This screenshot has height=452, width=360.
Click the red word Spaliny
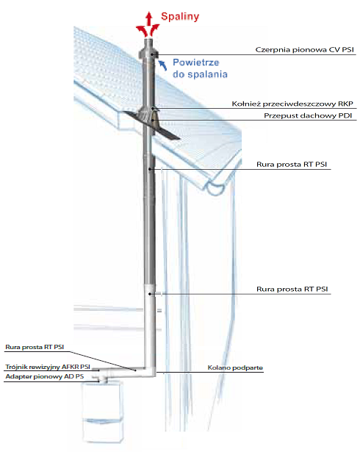pyautogui.click(x=180, y=17)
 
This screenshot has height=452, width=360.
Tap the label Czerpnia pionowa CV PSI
pyautogui.click(x=304, y=49)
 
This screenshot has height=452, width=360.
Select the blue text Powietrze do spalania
pyautogui.click(x=200, y=68)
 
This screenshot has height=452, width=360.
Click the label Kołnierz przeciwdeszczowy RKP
pyautogui.click(x=292, y=104)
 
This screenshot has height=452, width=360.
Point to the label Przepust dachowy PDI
pyautogui.click(x=308, y=115)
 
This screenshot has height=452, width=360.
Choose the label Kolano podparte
pyautogui.click(x=235, y=367)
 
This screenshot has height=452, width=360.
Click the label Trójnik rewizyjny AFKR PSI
pyautogui.click(x=48, y=367)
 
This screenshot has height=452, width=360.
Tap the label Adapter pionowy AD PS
pyautogui.click(x=45, y=376)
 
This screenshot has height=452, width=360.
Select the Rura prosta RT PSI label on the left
pyautogui.click(x=35, y=347)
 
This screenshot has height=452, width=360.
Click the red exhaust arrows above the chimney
pyautogui.click(x=148, y=24)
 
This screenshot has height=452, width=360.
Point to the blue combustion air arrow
pyautogui.click(x=162, y=65)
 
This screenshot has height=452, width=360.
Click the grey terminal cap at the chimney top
pyautogui.click(x=148, y=49)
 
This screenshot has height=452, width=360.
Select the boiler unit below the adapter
pyautogui.click(x=103, y=412)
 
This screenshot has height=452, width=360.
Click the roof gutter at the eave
pyautogui.click(x=215, y=188)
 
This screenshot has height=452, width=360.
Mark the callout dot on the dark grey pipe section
pyautogui.click(x=150, y=169)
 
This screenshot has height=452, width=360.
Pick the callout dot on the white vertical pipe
pyautogui.click(x=150, y=294)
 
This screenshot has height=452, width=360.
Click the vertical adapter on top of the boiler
pyautogui.click(x=103, y=379)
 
